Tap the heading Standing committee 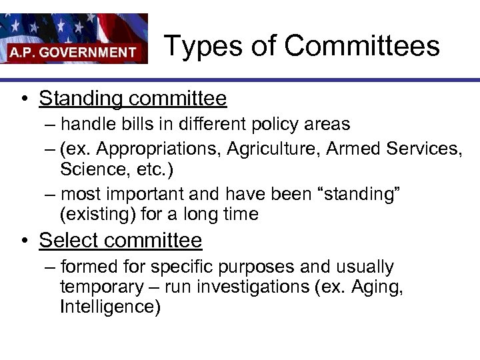[x=133, y=99]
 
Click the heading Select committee [x=120, y=240]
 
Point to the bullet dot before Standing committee [x=23, y=99]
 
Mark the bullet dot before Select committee [x=23, y=241]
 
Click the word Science [x=89, y=169]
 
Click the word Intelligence [x=110, y=307]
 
